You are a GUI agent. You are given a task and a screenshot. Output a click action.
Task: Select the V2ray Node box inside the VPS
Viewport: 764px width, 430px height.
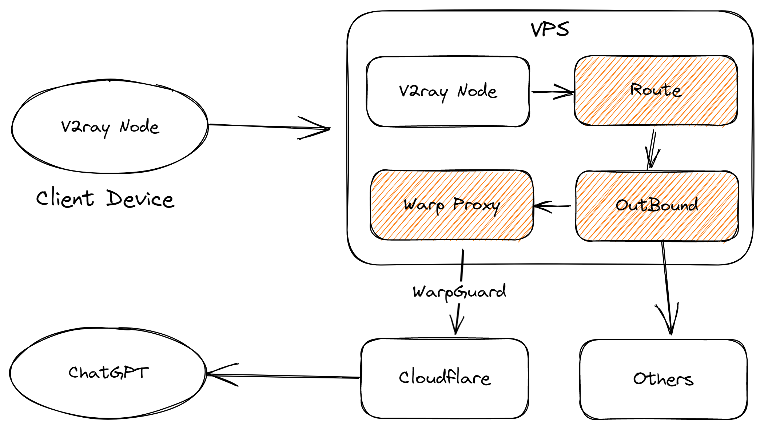coord(448,92)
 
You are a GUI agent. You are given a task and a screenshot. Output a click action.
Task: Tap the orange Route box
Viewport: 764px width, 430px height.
coord(656,91)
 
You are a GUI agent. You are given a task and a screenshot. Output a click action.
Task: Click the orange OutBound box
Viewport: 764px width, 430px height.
coord(657,206)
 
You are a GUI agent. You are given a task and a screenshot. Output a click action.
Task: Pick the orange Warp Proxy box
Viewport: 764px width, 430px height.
coord(451,205)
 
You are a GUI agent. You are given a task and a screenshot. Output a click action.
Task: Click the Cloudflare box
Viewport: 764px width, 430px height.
coord(445,378)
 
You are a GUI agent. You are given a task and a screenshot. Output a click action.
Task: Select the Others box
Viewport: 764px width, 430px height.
coord(663,379)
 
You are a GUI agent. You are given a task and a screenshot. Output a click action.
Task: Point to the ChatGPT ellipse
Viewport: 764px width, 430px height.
coord(108,373)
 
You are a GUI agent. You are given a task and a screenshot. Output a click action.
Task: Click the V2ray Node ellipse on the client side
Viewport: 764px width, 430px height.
coord(110,127)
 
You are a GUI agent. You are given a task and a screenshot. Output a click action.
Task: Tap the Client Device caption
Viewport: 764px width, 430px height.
coord(105,199)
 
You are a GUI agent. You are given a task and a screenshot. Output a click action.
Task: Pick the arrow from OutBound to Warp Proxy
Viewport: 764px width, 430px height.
coord(552,206)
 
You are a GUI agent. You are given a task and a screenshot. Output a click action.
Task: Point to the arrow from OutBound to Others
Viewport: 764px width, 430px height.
coord(667,287)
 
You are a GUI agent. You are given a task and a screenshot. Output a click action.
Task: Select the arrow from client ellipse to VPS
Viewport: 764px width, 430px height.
coord(269,126)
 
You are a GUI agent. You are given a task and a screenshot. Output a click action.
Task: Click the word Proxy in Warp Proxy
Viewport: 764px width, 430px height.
coord(476,205)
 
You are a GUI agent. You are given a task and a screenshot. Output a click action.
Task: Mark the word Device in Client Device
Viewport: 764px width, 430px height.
coord(140,200)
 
